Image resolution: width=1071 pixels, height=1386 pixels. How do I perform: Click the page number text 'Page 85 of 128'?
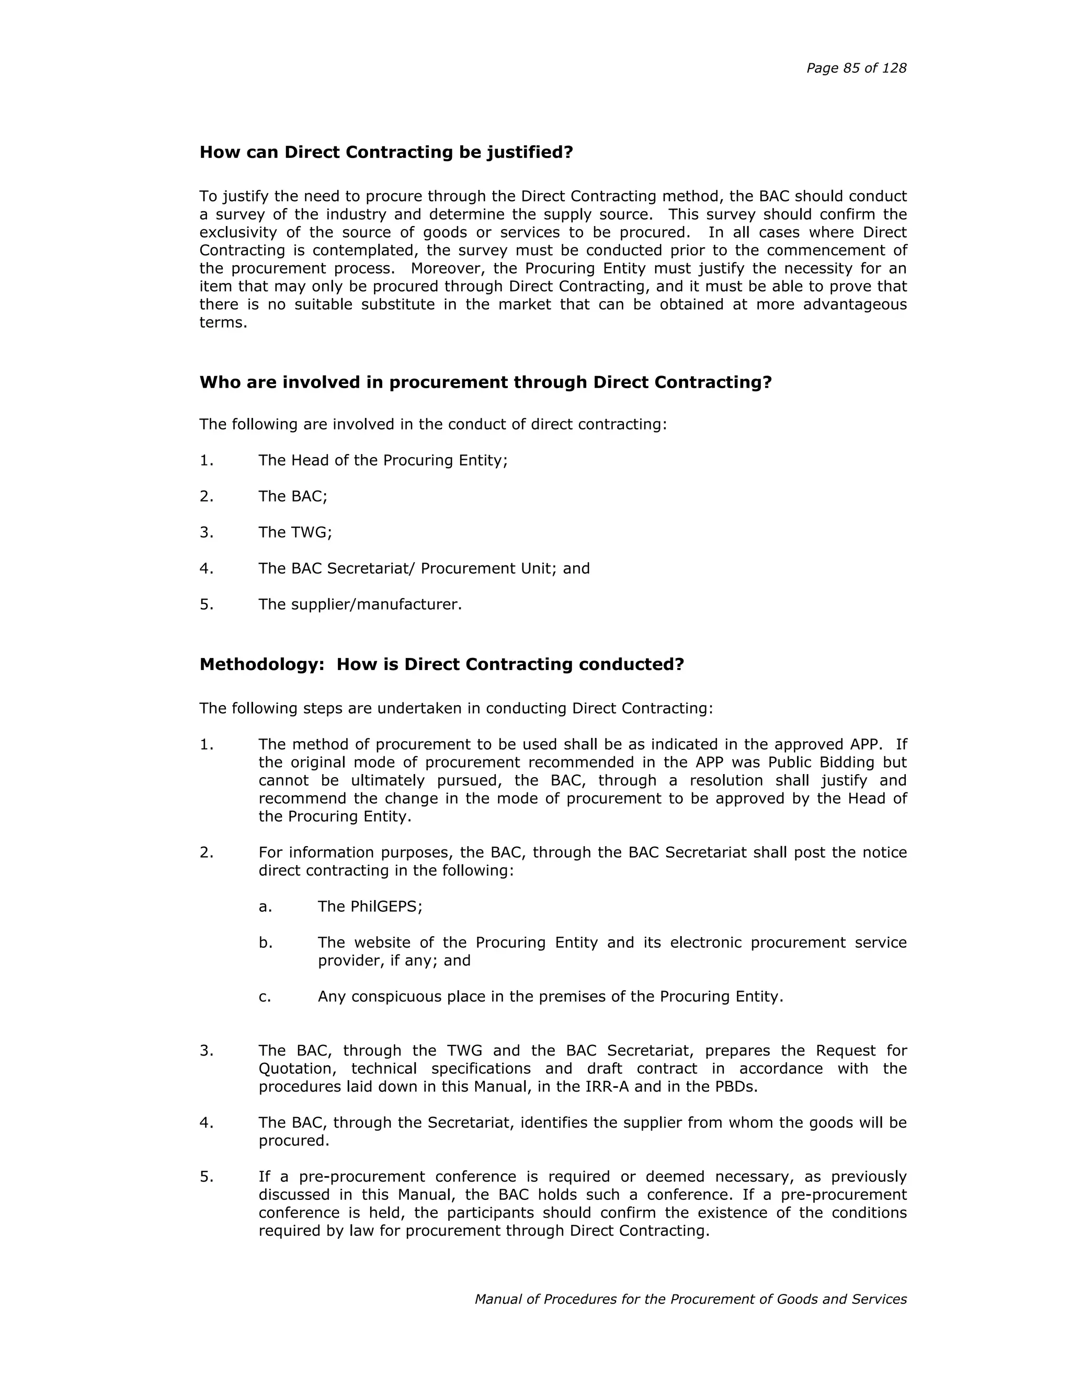point(856,69)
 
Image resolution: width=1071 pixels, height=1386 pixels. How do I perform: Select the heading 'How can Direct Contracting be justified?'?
point(386,152)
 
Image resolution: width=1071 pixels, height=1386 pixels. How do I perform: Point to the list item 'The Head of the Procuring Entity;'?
point(383,460)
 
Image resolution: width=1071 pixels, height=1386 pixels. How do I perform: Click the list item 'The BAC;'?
point(292,496)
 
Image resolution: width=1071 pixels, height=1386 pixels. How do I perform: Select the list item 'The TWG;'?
point(295,532)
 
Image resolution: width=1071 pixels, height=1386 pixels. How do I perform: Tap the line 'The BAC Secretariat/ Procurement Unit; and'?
point(424,568)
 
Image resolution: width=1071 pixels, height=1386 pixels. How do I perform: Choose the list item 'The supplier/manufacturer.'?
point(360,604)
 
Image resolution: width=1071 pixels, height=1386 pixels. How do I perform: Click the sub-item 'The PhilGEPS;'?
point(370,906)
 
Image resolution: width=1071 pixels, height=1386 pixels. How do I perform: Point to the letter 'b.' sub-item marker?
point(265,942)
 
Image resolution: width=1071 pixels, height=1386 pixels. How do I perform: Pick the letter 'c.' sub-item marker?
point(265,996)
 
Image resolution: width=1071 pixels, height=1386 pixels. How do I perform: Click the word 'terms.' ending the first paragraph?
point(223,322)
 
